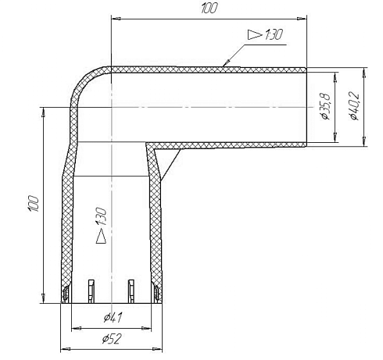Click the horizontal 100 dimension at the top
[x=209, y=8]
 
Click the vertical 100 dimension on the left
[x=34, y=203]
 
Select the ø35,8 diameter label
[x=326, y=106]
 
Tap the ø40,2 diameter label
[x=354, y=106]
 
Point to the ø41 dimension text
[x=113, y=318]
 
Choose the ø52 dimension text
[x=112, y=339]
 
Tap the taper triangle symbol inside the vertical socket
[x=101, y=237]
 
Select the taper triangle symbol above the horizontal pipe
[x=254, y=34]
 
